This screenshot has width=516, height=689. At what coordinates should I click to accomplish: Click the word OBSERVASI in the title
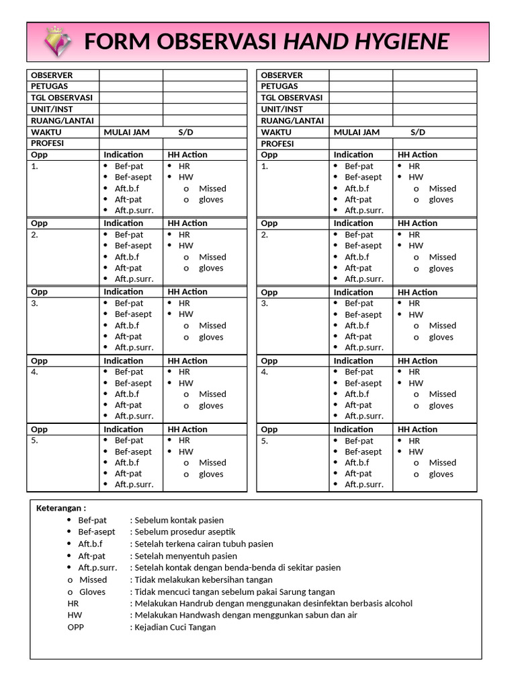pyautogui.click(x=217, y=42)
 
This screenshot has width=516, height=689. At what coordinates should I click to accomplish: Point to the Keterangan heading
pyautogui.click(x=61, y=508)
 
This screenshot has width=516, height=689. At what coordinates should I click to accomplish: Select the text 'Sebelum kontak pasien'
pyautogui.click(x=179, y=520)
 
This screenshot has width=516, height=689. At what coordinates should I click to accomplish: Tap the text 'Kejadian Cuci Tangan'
pyautogui.click(x=175, y=627)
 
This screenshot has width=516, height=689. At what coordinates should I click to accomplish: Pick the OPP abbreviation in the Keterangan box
pyautogui.click(x=76, y=627)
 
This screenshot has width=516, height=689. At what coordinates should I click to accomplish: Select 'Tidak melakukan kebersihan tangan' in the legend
pyautogui.click(x=204, y=579)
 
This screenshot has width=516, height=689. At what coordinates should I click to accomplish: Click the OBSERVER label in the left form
pyautogui.click(x=52, y=75)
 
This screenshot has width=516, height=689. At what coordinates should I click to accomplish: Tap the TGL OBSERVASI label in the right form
pyautogui.click(x=292, y=98)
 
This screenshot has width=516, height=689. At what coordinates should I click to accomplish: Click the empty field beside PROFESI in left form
pyautogui.click(x=131, y=143)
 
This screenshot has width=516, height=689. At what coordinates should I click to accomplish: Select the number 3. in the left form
pyautogui.click(x=34, y=303)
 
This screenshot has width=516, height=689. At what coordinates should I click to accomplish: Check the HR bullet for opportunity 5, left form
pyautogui.click(x=184, y=440)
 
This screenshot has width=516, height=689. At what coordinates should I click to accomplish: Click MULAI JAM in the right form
pyautogui.click(x=356, y=132)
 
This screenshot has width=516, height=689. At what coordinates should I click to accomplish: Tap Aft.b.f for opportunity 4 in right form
pyautogui.click(x=357, y=394)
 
